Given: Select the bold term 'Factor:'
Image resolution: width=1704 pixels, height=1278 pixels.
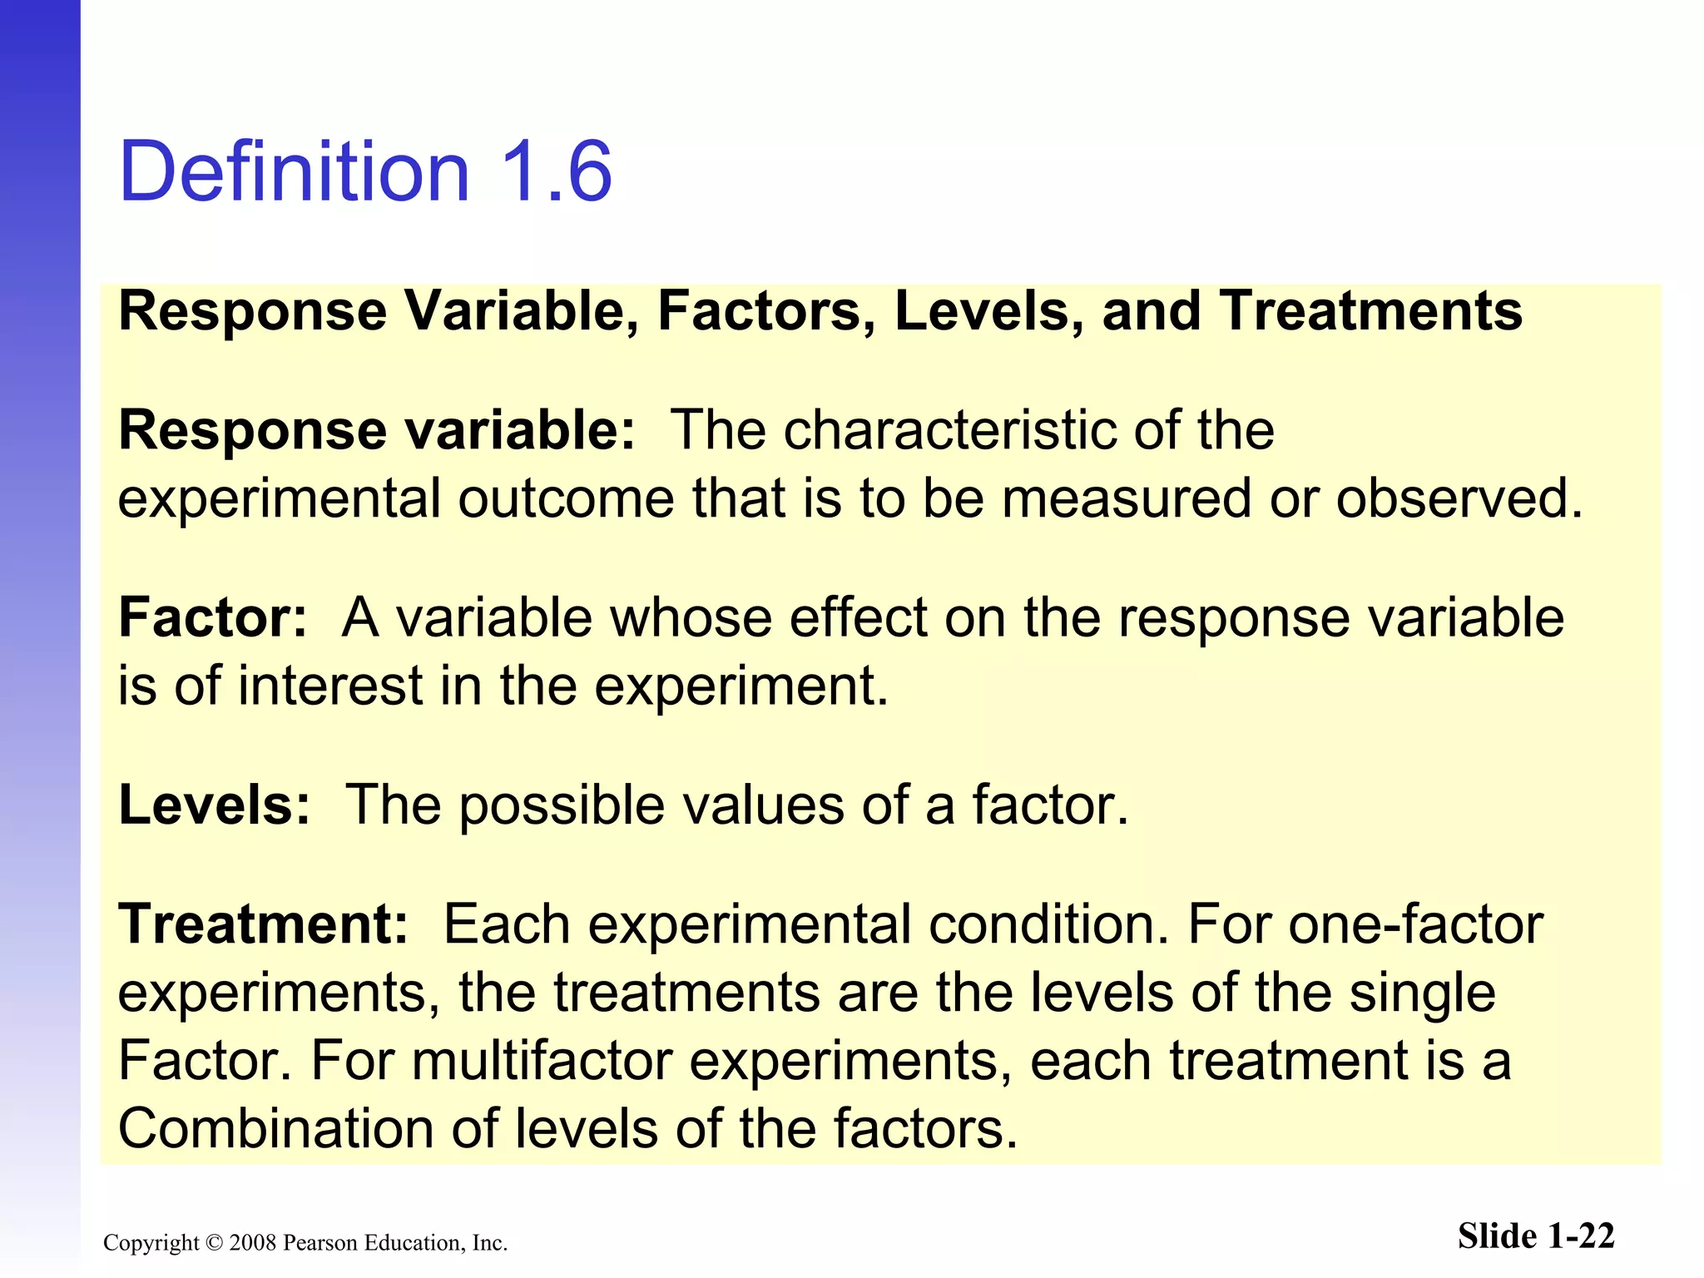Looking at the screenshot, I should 213,617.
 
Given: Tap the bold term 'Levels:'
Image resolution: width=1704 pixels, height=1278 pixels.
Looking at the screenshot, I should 215,805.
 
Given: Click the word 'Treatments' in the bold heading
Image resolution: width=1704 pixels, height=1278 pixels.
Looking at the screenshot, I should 1371,310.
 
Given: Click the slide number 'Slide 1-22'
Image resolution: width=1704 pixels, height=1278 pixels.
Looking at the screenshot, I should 1536,1236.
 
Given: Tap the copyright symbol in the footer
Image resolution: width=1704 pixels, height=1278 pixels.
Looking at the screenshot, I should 214,1243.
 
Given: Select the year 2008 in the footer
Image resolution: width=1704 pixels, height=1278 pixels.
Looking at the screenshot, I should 252,1243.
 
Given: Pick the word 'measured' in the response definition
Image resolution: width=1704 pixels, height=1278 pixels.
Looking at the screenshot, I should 1127,498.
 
